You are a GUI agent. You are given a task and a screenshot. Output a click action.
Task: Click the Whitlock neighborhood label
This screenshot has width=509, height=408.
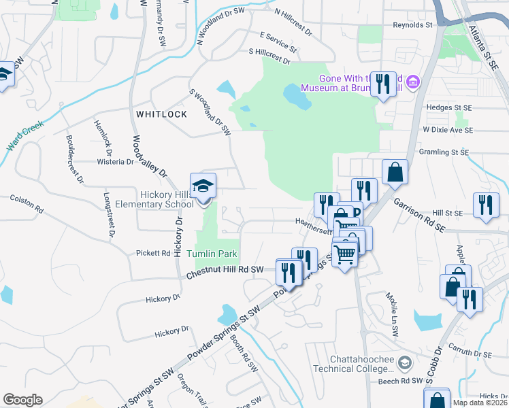[161, 114]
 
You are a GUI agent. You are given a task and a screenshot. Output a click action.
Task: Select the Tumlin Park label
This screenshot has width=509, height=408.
[217, 254]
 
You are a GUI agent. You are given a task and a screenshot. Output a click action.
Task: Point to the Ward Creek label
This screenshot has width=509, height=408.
[25, 136]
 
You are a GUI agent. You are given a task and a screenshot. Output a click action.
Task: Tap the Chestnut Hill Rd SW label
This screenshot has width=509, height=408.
[224, 271]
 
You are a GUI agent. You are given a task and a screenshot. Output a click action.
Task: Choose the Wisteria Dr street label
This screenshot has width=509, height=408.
[116, 162]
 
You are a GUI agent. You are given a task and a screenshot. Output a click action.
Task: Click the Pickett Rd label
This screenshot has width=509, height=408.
[157, 253]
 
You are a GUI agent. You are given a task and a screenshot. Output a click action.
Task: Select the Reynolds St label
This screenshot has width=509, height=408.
[412, 25]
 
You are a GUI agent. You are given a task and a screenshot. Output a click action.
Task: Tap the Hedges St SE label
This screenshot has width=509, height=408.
[448, 107]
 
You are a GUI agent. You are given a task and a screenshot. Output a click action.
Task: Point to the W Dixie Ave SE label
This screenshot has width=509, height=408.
[447, 129]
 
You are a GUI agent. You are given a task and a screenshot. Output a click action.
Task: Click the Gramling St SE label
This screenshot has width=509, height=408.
[445, 152]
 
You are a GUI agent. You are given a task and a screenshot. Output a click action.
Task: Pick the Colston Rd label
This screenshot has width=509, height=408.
[27, 203]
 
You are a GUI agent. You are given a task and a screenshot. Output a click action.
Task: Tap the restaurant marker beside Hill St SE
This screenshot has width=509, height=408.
[485, 205]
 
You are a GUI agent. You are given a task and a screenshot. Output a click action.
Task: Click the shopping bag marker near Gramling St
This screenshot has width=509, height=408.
[394, 172]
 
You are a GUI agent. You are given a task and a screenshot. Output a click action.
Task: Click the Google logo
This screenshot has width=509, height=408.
[22, 400]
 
